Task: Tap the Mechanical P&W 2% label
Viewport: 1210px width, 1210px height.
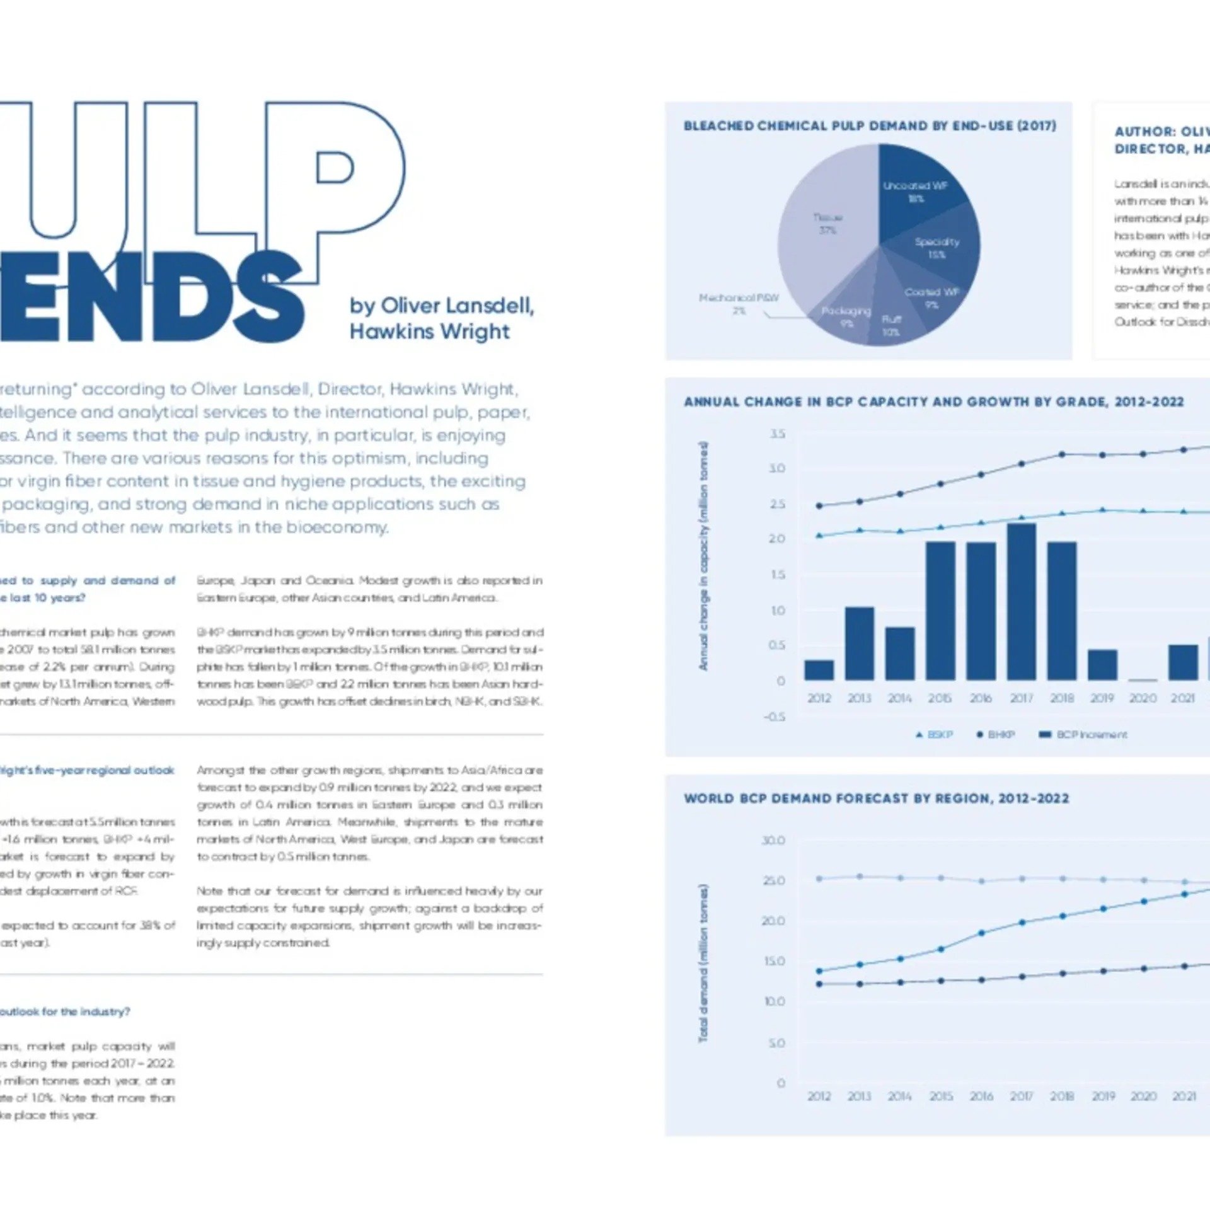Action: [739, 304]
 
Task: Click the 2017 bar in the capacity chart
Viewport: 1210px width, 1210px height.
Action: [1022, 602]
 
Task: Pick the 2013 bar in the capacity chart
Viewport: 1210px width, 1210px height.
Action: [859, 643]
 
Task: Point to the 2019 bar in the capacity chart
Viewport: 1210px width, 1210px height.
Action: [1102, 665]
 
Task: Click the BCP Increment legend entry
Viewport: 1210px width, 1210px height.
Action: [1083, 735]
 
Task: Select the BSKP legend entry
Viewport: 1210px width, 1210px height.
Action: [934, 735]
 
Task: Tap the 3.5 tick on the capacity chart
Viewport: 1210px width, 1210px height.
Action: [777, 434]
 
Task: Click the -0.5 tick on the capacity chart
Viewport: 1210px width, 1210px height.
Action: [775, 717]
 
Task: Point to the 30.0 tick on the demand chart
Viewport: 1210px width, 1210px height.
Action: [773, 841]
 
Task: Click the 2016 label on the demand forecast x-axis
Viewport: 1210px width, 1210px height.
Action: [981, 1097]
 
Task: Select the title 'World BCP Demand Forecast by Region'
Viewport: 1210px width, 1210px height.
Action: [876, 798]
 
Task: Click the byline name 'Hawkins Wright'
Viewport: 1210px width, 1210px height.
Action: [430, 331]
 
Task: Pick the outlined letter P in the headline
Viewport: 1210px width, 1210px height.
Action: [334, 176]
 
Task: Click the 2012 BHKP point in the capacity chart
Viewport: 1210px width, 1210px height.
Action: [819, 505]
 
